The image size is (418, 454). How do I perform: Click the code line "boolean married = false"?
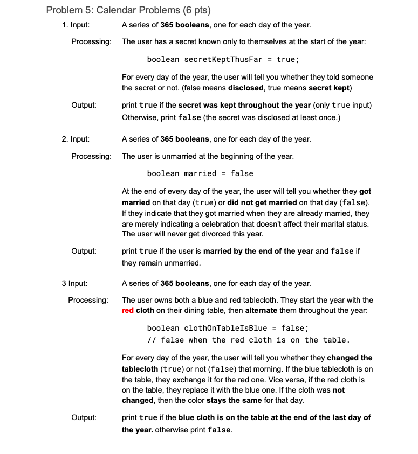click(200, 173)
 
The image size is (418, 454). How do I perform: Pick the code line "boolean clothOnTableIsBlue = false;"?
click(228, 327)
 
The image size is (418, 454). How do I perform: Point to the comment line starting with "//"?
click(249, 339)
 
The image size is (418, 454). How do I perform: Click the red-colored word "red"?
click(128, 310)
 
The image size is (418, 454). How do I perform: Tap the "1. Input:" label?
click(75, 25)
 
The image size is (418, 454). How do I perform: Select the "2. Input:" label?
click(75, 139)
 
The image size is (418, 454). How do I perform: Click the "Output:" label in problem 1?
click(84, 105)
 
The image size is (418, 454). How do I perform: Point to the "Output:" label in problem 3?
click(84, 417)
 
